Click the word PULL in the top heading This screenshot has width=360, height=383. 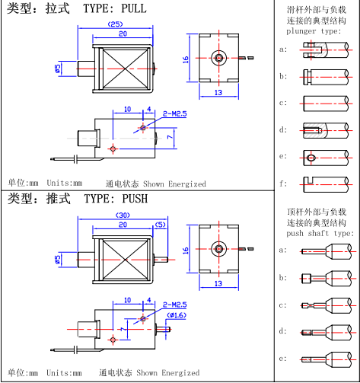pos(134,8)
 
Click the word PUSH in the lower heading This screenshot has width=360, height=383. pos(135,199)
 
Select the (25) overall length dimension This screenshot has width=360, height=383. pos(116,24)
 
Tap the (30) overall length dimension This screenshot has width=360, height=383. pos(123,215)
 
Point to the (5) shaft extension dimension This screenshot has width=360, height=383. pos(161,225)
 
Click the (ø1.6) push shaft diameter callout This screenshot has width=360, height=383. pos(177,315)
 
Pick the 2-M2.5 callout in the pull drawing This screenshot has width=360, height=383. pos(174,113)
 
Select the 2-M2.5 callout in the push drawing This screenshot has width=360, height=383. pos(174,305)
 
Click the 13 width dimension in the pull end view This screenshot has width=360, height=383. pos(218,93)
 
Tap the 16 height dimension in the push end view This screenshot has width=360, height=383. pos(186,251)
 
